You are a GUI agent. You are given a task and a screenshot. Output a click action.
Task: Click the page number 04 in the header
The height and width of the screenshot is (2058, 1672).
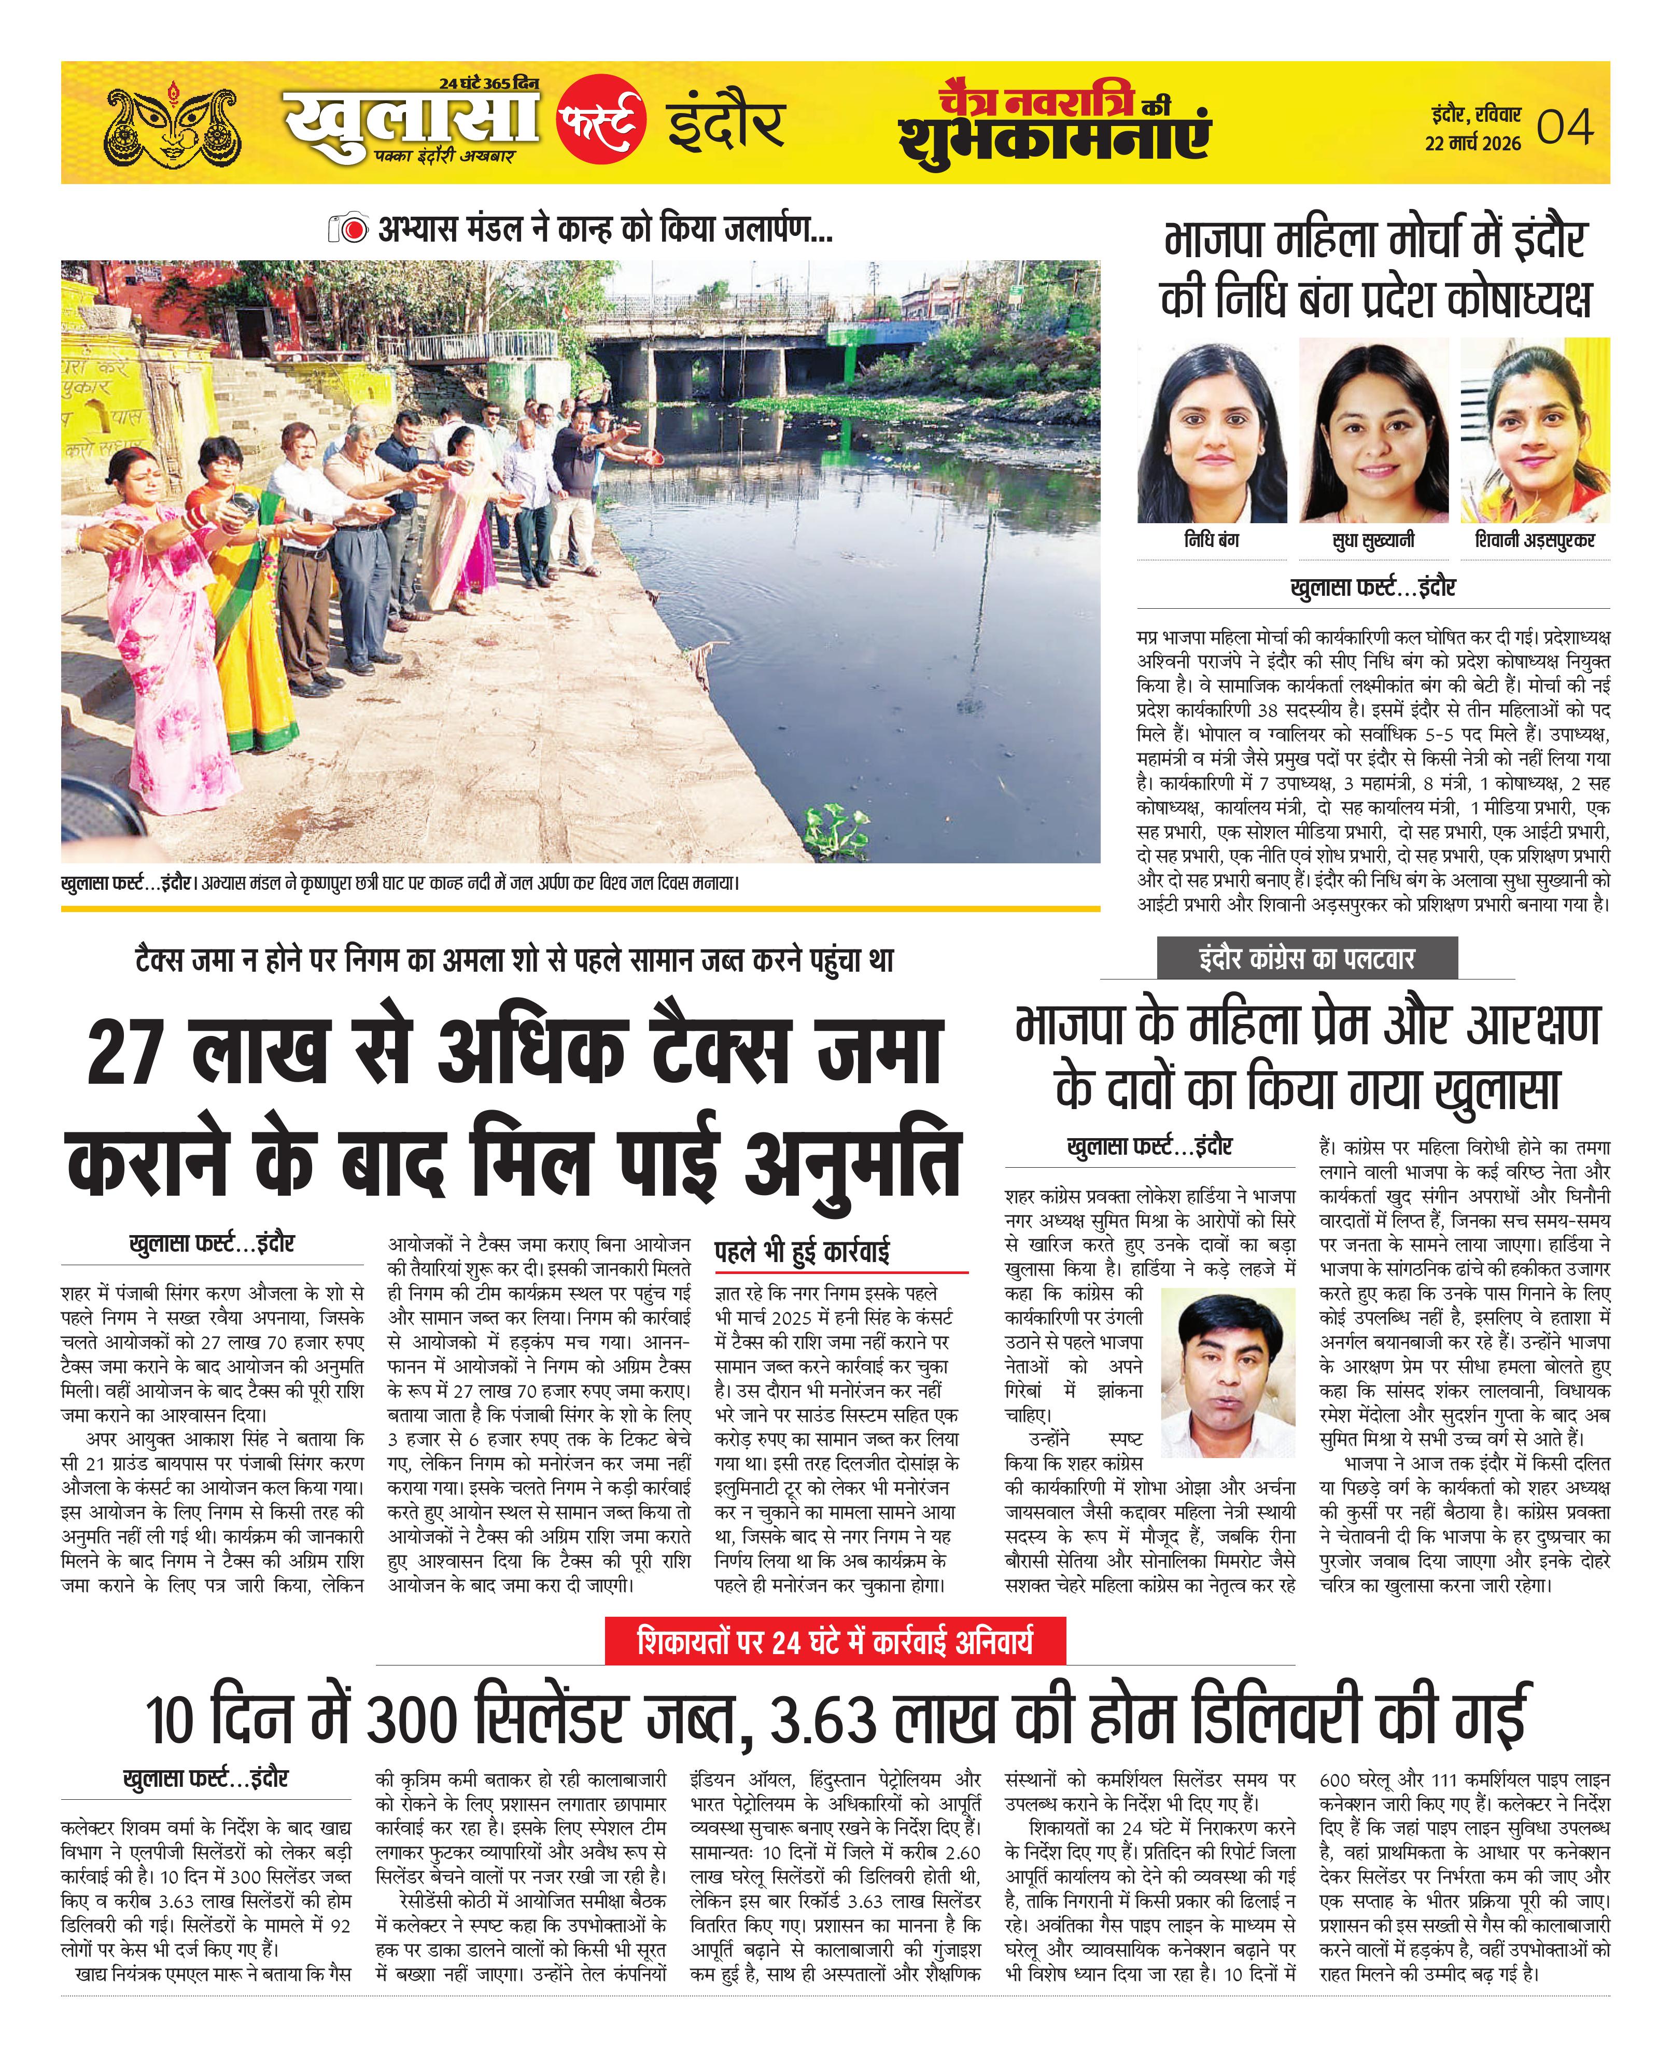click(x=1564, y=127)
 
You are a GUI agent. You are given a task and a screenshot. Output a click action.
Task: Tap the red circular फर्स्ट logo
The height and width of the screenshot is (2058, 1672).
click(x=601, y=119)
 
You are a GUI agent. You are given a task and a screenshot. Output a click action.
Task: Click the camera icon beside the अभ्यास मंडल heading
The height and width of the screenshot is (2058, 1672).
click(x=348, y=229)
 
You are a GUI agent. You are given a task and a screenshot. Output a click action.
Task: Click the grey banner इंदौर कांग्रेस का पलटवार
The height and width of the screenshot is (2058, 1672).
click(x=1307, y=958)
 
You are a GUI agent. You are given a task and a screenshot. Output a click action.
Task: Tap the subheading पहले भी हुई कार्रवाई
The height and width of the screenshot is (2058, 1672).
click(x=802, y=1252)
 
